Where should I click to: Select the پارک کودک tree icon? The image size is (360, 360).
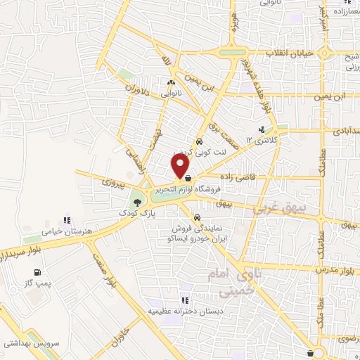[136, 205]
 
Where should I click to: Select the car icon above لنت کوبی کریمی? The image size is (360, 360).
[200, 141]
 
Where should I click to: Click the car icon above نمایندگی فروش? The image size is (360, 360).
[198, 218]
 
